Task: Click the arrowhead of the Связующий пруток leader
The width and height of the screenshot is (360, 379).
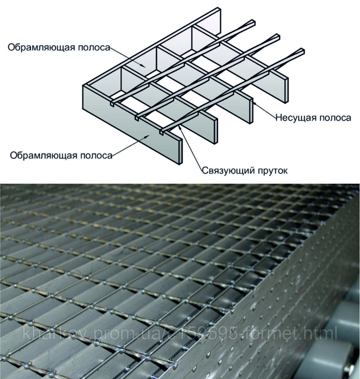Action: [x=180, y=126]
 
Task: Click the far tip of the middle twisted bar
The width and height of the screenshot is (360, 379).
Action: [x=277, y=37]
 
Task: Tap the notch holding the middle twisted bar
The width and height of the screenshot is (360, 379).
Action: [x=137, y=118]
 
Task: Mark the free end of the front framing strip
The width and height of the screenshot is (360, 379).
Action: [x=180, y=151]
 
